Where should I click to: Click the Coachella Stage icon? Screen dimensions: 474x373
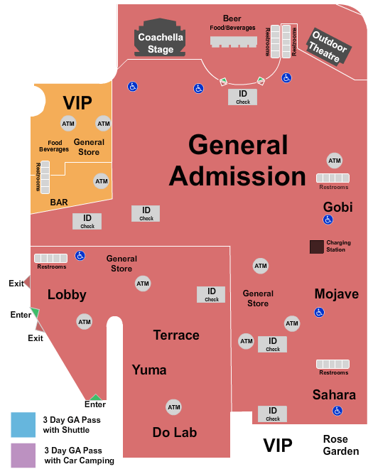[x=161, y=39]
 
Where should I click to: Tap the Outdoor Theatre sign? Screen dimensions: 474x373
[x=328, y=47]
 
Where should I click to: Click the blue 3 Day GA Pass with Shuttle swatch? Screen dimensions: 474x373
[x=23, y=424]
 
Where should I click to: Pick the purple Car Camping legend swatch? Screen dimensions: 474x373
[x=23, y=455]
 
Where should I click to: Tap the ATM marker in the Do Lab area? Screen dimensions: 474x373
[x=173, y=407]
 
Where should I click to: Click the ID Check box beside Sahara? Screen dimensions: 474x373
[x=272, y=414]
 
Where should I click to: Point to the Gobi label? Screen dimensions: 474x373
[x=337, y=206]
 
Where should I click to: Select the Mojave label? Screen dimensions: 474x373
[x=336, y=293]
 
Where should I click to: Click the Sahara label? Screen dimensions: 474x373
[x=334, y=394]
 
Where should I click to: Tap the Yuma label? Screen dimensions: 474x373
[x=149, y=370]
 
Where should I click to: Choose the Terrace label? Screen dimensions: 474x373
[x=176, y=335]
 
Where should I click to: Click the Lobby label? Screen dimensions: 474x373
[x=67, y=294]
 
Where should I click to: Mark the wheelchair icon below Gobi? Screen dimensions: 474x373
[x=328, y=220]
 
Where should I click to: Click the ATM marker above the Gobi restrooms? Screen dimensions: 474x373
[x=334, y=160]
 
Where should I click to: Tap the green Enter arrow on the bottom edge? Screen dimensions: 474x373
[x=94, y=397]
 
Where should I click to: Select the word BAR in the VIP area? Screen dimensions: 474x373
[x=59, y=203]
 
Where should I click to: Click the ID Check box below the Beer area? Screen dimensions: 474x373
[x=243, y=97]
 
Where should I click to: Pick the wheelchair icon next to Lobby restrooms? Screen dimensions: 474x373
[x=81, y=256]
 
